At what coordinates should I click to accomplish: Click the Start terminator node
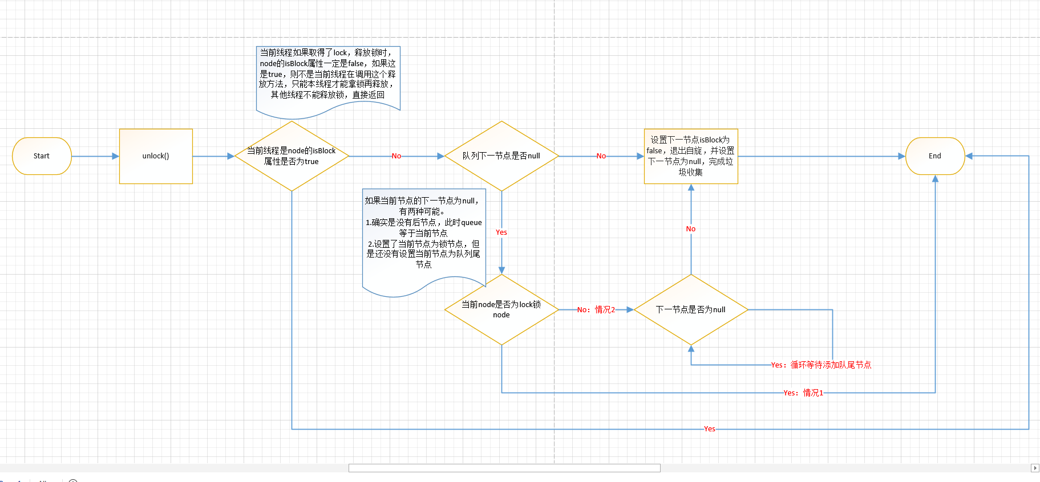(42, 156)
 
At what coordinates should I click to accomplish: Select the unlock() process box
(156, 156)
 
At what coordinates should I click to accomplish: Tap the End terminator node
(934, 156)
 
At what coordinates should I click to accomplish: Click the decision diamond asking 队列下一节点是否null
(501, 156)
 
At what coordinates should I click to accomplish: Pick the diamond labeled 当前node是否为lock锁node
(501, 309)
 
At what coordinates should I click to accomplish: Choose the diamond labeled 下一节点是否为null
(690, 309)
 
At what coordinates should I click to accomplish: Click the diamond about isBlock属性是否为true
(292, 156)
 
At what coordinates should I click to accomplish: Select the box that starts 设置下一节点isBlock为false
(690, 156)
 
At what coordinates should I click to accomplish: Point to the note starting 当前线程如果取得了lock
(327, 77)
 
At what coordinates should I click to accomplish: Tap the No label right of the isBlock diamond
(396, 156)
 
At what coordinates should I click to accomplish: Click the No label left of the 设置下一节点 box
(601, 156)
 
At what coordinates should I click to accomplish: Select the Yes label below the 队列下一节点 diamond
(501, 232)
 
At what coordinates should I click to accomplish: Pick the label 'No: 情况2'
(596, 310)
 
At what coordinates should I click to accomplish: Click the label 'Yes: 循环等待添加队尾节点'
(821, 365)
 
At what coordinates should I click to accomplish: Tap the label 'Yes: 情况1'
(803, 393)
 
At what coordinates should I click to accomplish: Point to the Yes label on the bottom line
(709, 429)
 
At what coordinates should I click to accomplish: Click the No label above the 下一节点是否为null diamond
(690, 229)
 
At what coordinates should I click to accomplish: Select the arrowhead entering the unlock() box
(115, 156)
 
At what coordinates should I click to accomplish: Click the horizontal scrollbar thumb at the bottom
(504, 468)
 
